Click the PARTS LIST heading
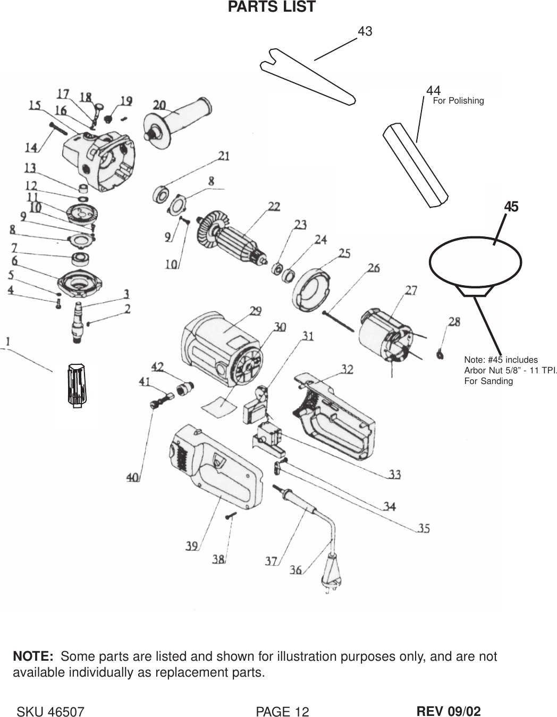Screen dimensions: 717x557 (x=272, y=7)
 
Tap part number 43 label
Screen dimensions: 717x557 (x=365, y=31)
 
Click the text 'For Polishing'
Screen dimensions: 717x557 (x=458, y=100)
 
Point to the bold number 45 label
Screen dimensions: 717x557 (x=511, y=207)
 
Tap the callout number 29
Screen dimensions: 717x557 (x=256, y=311)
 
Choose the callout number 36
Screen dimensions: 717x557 (x=296, y=570)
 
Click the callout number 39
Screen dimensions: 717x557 (x=192, y=545)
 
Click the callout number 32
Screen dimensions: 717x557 (x=347, y=369)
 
